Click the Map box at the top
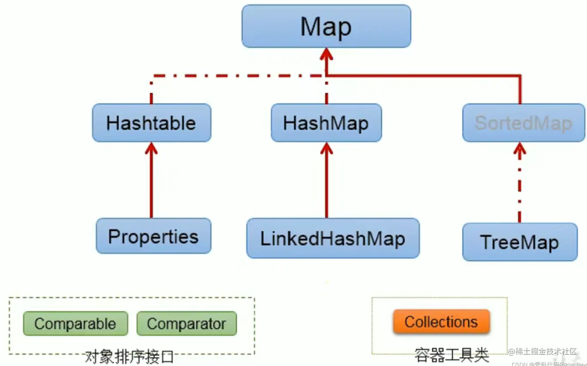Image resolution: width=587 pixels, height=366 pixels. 326,26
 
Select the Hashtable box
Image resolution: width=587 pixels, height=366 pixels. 152,123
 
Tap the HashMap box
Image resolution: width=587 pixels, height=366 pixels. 326,123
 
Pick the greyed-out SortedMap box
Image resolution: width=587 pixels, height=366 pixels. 523,123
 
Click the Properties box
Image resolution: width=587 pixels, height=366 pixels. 153,236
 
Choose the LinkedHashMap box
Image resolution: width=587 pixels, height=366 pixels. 333,238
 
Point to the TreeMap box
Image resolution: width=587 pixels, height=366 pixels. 520,242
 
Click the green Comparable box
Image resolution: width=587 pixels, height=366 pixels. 75,324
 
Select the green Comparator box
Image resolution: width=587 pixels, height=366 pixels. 186,324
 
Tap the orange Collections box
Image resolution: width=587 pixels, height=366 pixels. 441,321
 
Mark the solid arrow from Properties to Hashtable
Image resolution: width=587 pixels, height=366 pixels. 151,184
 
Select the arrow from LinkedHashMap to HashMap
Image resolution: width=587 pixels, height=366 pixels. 326,184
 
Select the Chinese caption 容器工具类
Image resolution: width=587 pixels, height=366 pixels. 451,355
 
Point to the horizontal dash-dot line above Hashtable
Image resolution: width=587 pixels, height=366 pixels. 236,76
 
